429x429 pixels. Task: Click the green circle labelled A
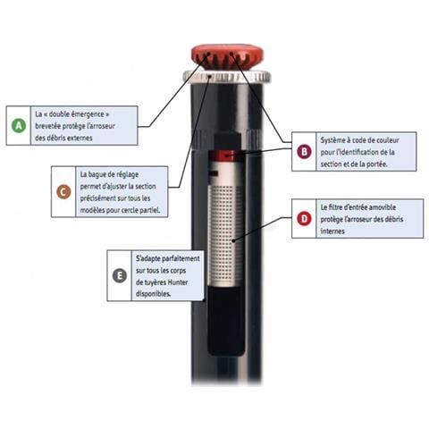click(18, 126)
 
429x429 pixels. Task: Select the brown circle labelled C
click(63, 191)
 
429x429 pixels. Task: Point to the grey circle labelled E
click(119, 274)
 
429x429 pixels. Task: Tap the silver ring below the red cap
click(227, 77)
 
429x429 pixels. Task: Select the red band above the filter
click(225, 157)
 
